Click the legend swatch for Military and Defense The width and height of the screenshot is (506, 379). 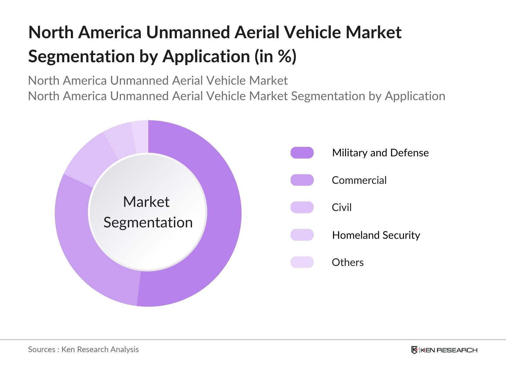point(302,153)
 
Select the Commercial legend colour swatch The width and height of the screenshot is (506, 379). point(302,180)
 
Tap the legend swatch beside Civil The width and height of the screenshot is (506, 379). point(302,207)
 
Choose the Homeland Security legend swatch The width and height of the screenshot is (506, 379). point(302,235)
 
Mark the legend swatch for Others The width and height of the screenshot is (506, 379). point(302,262)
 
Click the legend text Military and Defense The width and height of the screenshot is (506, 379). point(380,153)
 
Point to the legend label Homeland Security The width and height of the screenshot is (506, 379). point(376,235)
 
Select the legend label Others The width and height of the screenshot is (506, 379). point(348,262)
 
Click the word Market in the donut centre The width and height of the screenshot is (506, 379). point(146,202)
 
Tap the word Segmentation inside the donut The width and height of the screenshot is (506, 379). point(148,222)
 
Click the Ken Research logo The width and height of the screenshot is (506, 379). point(444,350)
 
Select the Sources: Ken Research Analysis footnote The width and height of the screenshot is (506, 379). point(83,349)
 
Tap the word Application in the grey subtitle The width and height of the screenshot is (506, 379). point(415,96)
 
